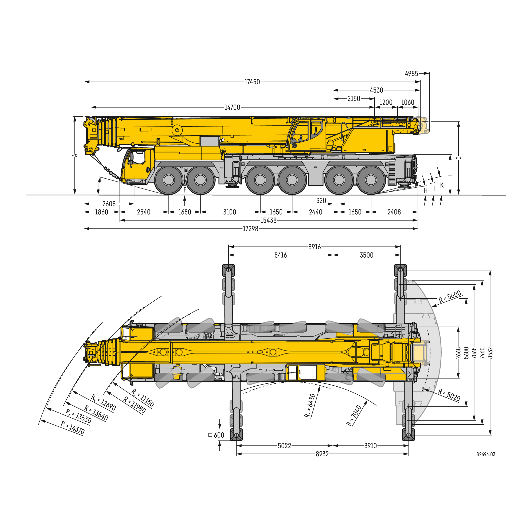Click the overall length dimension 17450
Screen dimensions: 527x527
click(x=252, y=82)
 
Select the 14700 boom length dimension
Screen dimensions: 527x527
click(x=232, y=108)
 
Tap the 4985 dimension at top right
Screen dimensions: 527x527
click(x=411, y=74)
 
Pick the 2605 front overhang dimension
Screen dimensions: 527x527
click(x=109, y=204)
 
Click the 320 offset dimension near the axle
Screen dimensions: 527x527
click(x=321, y=201)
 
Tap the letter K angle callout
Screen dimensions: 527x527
click(x=442, y=185)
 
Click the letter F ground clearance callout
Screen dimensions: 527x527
click(x=185, y=190)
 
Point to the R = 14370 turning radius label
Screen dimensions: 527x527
click(x=73, y=428)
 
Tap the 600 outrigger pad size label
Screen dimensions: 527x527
click(x=218, y=435)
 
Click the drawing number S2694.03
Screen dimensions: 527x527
click(x=486, y=454)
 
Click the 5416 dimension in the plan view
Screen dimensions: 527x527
click(x=280, y=255)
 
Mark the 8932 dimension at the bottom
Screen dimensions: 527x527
click(x=322, y=454)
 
